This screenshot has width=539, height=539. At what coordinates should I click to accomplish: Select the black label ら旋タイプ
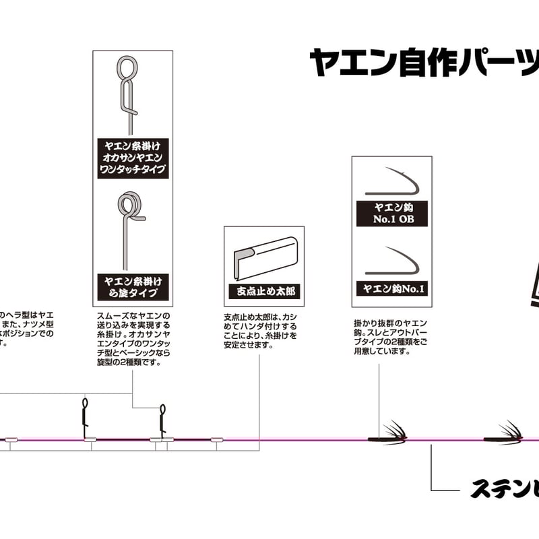click(x=132, y=286)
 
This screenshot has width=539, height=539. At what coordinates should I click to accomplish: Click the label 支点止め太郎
click(x=263, y=292)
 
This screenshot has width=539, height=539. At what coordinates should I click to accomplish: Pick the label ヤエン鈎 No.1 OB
click(x=391, y=212)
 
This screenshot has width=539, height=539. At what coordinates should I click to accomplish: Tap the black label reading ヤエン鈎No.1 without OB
click(x=391, y=289)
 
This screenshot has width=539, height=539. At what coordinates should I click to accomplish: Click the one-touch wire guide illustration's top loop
click(x=127, y=67)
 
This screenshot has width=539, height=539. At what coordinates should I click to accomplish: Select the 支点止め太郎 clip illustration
click(x=263, y=256)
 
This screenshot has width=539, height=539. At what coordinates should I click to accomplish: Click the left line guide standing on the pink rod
click(x=85, y=418)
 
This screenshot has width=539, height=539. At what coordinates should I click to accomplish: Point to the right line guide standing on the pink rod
click(x=162, y=420)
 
